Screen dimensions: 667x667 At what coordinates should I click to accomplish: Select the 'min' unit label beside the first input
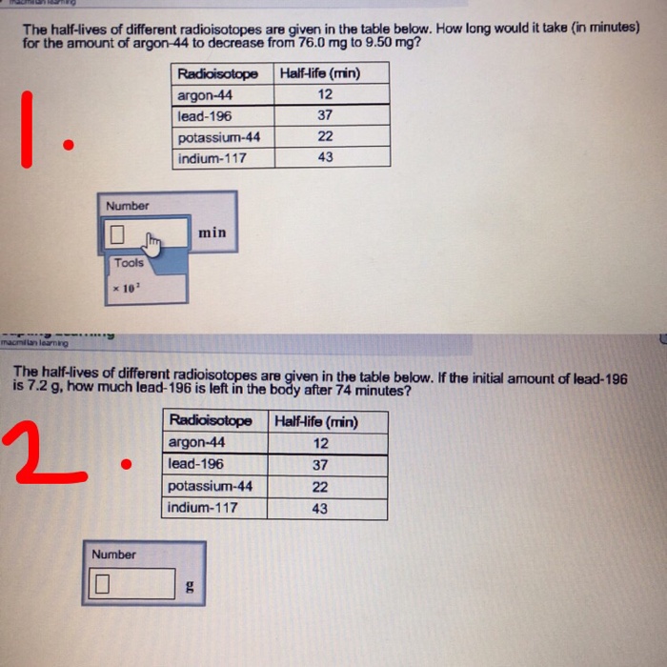[212, 232]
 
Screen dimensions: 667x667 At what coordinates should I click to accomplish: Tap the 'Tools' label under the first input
[129, 263]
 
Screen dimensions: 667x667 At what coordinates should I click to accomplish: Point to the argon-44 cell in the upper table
[205, 95]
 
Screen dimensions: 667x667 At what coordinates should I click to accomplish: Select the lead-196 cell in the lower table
[196, 465]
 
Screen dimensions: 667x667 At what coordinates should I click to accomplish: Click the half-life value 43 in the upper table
[325, 157]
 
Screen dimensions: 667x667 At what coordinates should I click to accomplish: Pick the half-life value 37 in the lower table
[320, 465]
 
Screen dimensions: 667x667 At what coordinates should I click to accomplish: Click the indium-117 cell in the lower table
[203, 508]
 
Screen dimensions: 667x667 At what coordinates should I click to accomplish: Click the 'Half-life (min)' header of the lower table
[316, 421]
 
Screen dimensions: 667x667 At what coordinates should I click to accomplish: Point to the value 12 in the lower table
[320, 443]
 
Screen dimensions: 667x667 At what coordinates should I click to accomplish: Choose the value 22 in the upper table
[325, 136]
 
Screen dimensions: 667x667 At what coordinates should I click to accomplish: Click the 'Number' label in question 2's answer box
[113, 555]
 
